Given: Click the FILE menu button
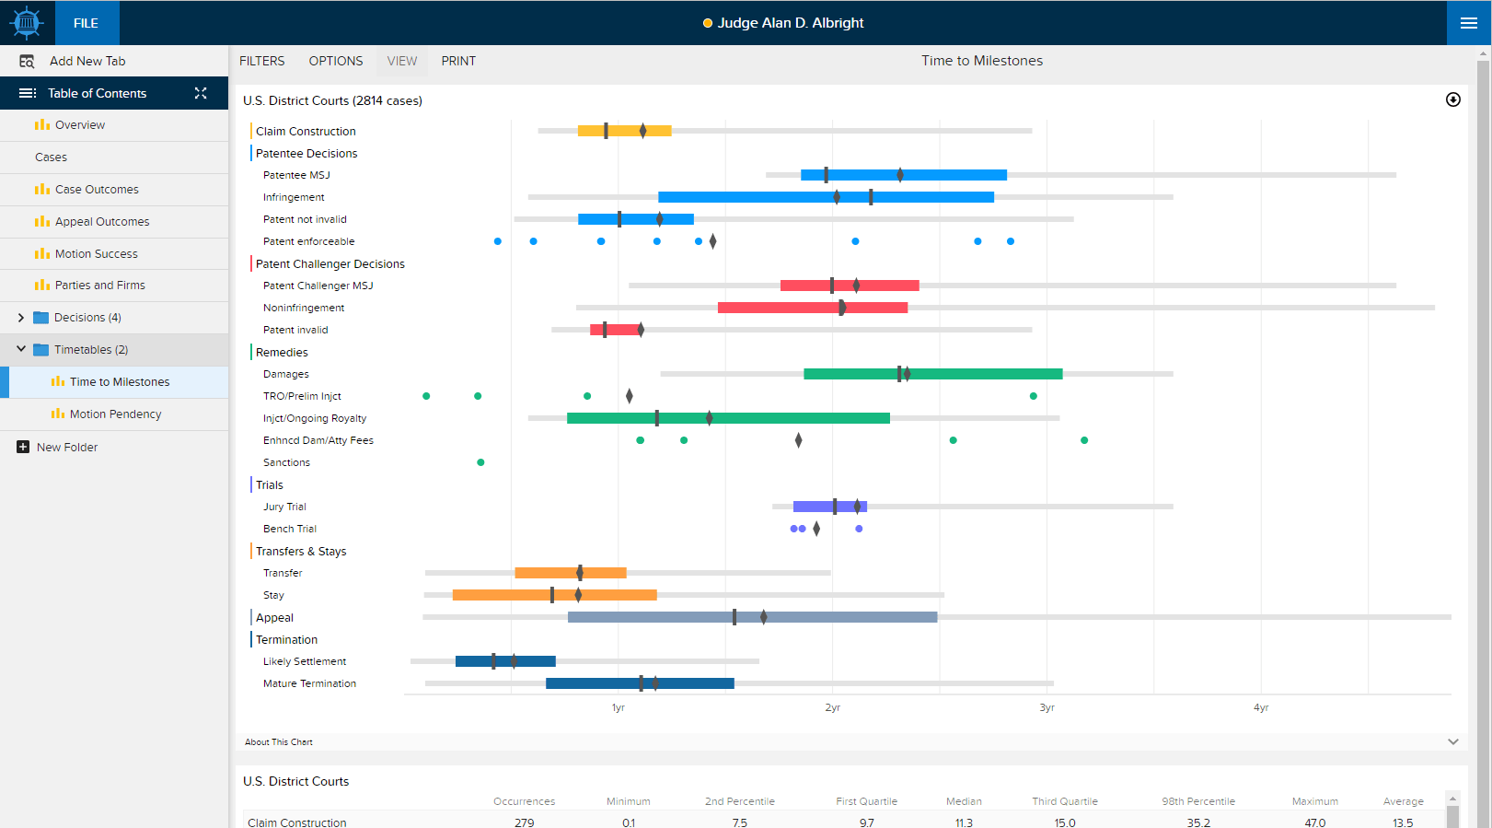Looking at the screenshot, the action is click(x=87, y=23).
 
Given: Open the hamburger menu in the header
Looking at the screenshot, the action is click(x=1469, y=23).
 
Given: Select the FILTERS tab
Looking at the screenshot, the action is click(x=261, y=61).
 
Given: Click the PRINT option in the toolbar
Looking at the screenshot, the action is click(x=458, y=61).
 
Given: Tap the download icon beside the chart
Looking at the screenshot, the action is click(x=1453, y=100).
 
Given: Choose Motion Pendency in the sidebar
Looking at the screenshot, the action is click(x=115, y=414).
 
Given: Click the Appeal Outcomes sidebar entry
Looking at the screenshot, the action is click(x=102, y=221).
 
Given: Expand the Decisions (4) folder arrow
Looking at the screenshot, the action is click(x=20, y=318).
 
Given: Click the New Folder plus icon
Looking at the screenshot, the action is click(x=23, y=447).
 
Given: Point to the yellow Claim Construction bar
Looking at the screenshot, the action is click(x=624, y=131).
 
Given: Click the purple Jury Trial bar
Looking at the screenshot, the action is click(x=830, y=507).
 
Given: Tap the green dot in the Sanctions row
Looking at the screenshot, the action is click(x=480, y=462).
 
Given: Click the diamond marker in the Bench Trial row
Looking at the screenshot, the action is click(x=816, y=529).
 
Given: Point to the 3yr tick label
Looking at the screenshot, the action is click(x=1047, y=707).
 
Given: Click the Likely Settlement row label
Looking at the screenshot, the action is click(x=305, y=661).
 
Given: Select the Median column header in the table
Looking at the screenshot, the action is click(x=964, y=801).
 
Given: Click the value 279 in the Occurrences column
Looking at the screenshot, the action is click(x=525, y=822).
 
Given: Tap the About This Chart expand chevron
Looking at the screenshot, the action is click(x=1453, y=742).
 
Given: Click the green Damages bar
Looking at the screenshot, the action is click(x=933, y=374).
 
